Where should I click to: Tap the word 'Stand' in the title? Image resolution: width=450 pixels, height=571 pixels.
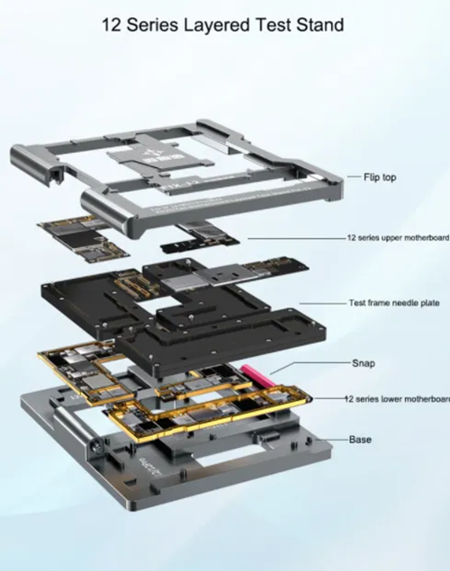click(319, 25)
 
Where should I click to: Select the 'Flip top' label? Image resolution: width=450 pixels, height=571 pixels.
click(380, 178)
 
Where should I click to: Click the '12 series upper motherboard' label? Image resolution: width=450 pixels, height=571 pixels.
click(397, 238)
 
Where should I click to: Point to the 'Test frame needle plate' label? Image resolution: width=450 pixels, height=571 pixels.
click(393, 303)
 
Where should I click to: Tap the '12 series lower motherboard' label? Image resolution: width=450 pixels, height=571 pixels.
click(397, 397)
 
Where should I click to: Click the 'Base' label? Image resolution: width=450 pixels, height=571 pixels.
click(360, 440)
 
